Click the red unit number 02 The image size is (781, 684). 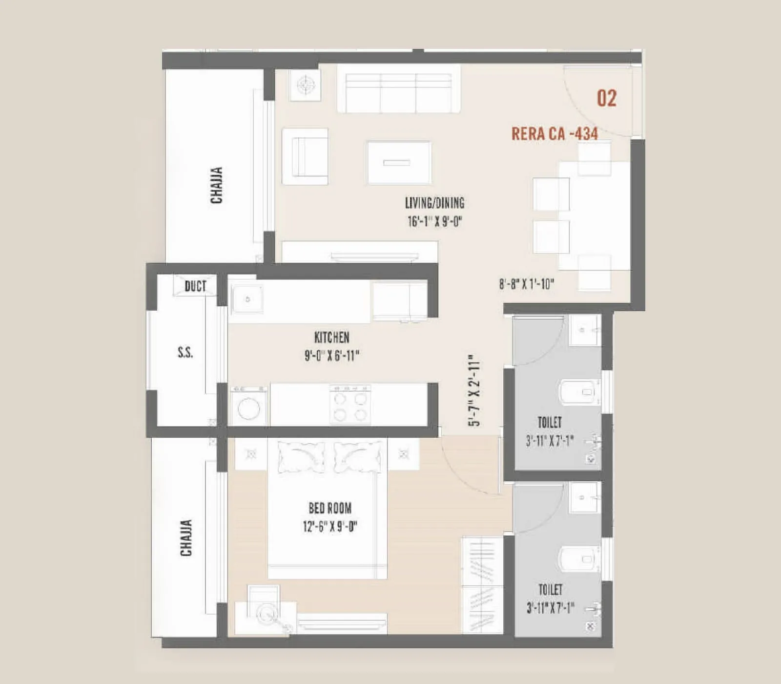(607, 98)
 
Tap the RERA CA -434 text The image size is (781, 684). (555, 134)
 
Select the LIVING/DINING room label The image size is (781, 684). (434, 203)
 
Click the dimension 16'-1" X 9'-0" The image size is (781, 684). (434, 221)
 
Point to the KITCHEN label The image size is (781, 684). (331, 338)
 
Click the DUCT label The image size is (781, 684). (195, 286)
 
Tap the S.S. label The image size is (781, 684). (185, 352)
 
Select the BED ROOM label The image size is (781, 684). (330, 508)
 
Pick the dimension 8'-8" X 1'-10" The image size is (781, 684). (527, 284)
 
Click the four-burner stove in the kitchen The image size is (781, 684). (350, 405)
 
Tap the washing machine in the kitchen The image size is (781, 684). (248, 406)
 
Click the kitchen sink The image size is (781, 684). (247, 299)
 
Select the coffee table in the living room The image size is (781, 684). (398, 163)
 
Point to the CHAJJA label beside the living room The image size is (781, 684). (216, 185)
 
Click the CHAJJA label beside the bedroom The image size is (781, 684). (186, 537)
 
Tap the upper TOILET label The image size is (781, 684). (550, 422)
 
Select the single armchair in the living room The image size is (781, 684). (306, 156)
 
